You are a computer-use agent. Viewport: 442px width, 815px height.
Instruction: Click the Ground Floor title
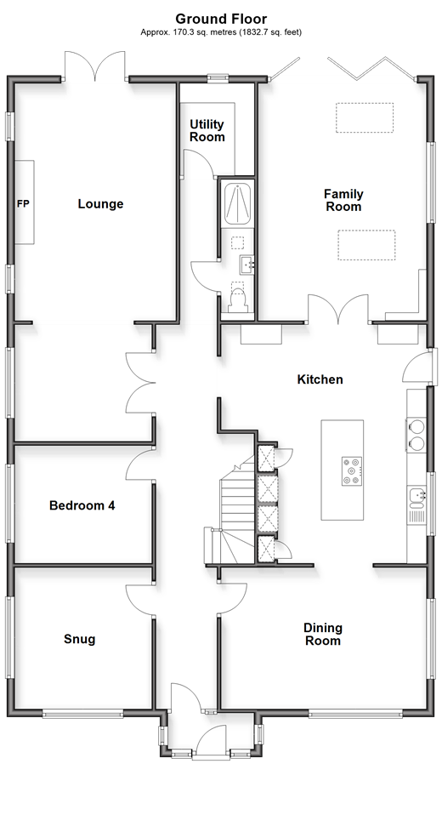(221, 20)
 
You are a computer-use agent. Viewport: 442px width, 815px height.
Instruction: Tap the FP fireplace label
(23, 204)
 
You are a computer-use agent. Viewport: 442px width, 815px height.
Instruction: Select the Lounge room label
(101, 204)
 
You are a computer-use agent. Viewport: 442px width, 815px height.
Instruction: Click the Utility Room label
(207, 130)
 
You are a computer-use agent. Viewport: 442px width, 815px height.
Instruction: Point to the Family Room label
(343, 200)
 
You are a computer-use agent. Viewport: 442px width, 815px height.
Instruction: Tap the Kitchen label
(320, 379)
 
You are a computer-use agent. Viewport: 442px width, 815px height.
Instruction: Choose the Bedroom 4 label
(82, 505)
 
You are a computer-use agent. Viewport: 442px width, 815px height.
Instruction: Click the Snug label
(79, 639)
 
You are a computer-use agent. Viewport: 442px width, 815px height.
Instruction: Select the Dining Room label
(322, 634)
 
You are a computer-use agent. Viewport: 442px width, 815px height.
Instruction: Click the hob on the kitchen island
(352, 471)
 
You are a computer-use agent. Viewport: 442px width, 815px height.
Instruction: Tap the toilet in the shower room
(237, 300)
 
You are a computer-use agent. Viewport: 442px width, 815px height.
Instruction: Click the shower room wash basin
(246, 265)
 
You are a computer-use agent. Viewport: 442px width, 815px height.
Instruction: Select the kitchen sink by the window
(417, 498)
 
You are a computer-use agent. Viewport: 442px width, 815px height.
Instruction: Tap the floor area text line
(221, 32)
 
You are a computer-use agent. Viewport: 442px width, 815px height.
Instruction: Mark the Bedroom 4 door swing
(140, 464)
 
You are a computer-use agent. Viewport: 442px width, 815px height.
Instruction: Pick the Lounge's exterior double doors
(95, 66)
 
